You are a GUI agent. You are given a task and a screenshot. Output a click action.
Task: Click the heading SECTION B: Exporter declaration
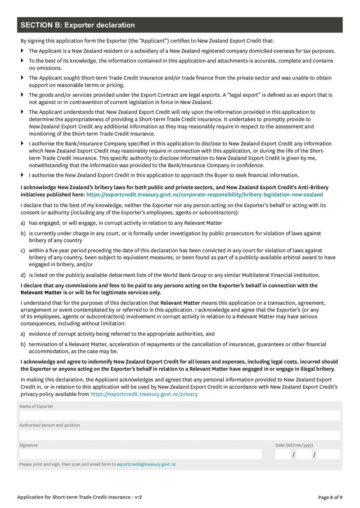(x=78, y=25)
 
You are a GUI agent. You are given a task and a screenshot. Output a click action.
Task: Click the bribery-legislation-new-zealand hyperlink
(x=204, y=195)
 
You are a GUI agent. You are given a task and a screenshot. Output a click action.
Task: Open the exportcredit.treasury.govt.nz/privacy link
(x=144, y=394)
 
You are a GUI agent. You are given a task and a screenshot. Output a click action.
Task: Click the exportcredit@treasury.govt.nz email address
(x=146, y=464)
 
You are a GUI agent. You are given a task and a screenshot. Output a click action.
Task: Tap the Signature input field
(x=140, y=455)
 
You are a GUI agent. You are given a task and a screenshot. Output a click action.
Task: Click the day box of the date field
(x=283, y=455)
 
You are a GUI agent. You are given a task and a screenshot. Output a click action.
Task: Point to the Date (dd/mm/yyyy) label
(x=294, y=445)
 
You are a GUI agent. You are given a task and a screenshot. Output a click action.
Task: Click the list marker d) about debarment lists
(x=23, y=275)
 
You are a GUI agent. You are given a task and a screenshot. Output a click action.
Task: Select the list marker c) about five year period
(x=23, y=250)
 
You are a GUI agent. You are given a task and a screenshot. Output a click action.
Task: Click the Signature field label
(x=28, y=445)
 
